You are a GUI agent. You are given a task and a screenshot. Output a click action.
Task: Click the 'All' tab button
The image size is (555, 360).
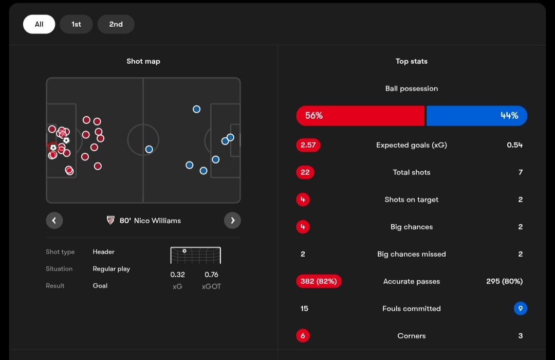click(x=39, y=24)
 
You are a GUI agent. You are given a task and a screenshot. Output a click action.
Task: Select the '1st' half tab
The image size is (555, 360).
click(x=76, y=24)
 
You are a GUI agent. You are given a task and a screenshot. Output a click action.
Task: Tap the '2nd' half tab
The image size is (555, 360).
click(x=116, y=24)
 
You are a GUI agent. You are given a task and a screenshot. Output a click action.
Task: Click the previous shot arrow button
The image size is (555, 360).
click(x=54, y=221)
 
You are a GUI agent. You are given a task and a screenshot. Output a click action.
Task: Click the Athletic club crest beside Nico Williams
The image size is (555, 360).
click(x=110, y=221)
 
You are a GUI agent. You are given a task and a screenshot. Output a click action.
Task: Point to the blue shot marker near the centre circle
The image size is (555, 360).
click(x=149, y=149)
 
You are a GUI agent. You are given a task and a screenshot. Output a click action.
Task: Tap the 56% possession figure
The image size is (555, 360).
click(x=314, y=116)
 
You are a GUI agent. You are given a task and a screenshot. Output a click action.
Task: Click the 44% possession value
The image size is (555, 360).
click(x=509, y=116)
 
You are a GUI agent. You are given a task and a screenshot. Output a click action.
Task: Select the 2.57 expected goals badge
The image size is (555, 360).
click(x=308, y=145)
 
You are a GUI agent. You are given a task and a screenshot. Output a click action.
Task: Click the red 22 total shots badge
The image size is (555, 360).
click(x=305, y=172)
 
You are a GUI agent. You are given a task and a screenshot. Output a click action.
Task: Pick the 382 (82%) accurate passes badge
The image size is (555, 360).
click(x=319, y=281)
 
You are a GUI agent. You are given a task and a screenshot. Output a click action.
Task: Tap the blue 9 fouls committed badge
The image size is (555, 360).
click(x=521, y=309)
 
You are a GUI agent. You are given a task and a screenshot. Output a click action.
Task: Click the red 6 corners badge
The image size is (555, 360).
click(x=303, y=336)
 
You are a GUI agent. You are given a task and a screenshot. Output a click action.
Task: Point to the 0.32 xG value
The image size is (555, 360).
click(x=178, y=275)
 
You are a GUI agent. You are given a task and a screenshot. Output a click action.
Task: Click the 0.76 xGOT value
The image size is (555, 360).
click(x=211, y=275)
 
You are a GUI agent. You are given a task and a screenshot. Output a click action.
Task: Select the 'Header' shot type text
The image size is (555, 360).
click(x=104, y=252)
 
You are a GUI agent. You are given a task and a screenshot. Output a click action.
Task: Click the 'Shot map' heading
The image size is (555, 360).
click(x=143, y=61)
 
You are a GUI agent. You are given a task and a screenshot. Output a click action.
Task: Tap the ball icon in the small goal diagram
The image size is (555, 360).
click(x=184, y=251)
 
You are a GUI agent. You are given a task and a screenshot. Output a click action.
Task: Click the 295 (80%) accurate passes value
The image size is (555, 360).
click(x=504, y=281)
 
